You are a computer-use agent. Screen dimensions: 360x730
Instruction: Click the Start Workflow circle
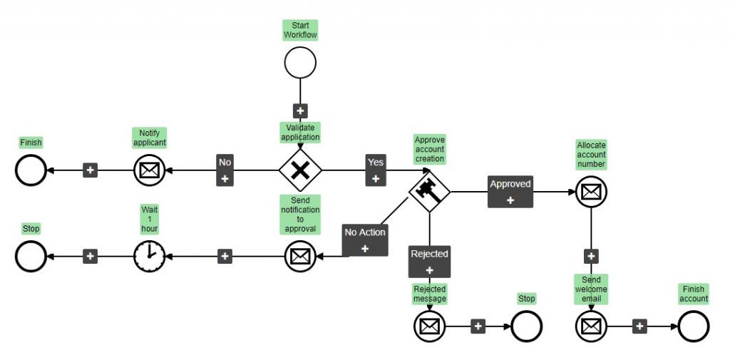(x=300, y=62)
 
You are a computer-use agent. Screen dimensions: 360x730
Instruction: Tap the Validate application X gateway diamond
(x=300, y=170)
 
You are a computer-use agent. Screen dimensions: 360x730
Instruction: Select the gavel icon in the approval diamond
(x=429, y=191)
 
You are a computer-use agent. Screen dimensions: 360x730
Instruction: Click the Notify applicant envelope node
(x=149, y=170)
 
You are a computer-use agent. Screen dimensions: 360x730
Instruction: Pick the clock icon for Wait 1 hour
(x=149, y=256)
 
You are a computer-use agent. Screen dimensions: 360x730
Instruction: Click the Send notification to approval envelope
(x=300, y=256)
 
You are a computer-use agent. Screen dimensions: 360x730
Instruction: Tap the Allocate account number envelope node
(x=591, y=192)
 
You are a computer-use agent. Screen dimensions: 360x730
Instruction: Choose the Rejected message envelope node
(x=429, y=326)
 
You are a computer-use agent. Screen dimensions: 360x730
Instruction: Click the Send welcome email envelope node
(x=591, y=326)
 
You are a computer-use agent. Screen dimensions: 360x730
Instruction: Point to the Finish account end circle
(x=694, y=326)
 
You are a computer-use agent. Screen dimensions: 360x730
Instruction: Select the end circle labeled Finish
(x=31, y=170)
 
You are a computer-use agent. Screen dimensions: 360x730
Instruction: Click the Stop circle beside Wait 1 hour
(x=31, y=256)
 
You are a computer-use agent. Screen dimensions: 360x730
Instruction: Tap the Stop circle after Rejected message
(x=527, y=326)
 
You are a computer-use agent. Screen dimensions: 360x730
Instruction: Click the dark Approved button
(x=510, y=191)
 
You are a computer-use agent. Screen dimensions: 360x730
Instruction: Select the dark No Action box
(x=365, y=240)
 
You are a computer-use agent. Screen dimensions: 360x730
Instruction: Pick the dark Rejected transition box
(x=429, y=261)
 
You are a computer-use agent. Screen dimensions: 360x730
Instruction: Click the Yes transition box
(x=375, y=170)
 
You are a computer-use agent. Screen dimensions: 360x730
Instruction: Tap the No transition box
(x=225, y=170)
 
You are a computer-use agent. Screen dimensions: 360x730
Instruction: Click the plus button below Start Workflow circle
(x=300, y=110)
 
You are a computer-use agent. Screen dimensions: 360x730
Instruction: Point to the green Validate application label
(x=300, y=132)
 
